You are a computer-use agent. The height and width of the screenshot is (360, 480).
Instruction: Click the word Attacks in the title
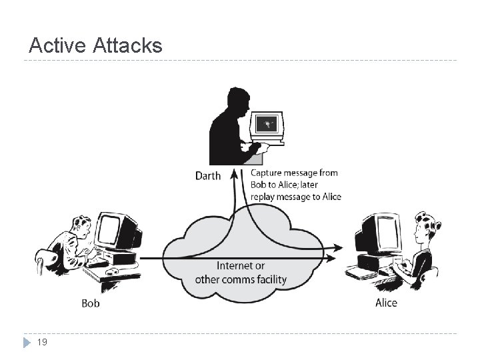(x=127, y=45)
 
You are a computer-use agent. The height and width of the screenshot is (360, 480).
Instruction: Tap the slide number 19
(x=42, y=342)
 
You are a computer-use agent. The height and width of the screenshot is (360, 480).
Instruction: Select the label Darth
(x=207, y=176)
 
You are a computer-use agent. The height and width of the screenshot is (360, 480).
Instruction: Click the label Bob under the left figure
(x=91, y=303)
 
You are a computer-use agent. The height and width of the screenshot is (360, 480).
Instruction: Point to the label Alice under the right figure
(x=386, y=303)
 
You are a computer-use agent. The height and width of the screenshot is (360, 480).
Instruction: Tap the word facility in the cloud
(x=268, y=279)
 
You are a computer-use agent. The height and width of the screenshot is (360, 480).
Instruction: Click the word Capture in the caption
(x=269, y=173)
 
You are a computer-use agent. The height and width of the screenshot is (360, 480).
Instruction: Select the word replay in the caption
(x=265, y=197)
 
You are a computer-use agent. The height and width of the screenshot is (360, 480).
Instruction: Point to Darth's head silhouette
(x=238, y=99)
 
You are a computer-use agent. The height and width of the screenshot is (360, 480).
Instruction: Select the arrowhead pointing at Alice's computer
(x=339, y=248)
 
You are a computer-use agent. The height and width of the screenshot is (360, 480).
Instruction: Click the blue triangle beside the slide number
(x=27, y=343)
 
